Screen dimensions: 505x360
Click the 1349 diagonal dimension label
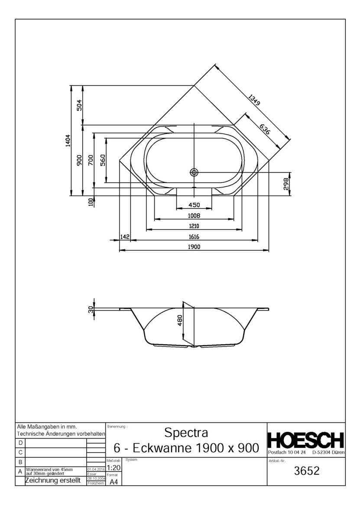(254, 100)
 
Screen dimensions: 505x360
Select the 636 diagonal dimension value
(265, 129)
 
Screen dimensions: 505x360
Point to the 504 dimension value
(79, 105)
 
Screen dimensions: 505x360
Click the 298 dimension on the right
(286, 184)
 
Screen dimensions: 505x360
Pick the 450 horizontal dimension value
(194, 205)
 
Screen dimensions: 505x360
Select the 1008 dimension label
(194, 215)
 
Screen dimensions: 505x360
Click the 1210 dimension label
(194, 226)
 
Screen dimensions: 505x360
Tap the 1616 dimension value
(194, 237)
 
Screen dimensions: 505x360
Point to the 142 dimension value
(125, 236)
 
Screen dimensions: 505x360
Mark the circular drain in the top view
(194, 172)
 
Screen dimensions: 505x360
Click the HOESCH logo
(306, 440)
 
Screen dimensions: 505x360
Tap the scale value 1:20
(113, 468)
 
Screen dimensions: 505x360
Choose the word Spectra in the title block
(186, 433)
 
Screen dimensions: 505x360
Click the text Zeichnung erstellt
(53, 481)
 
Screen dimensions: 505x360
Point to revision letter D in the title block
(20, 443)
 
